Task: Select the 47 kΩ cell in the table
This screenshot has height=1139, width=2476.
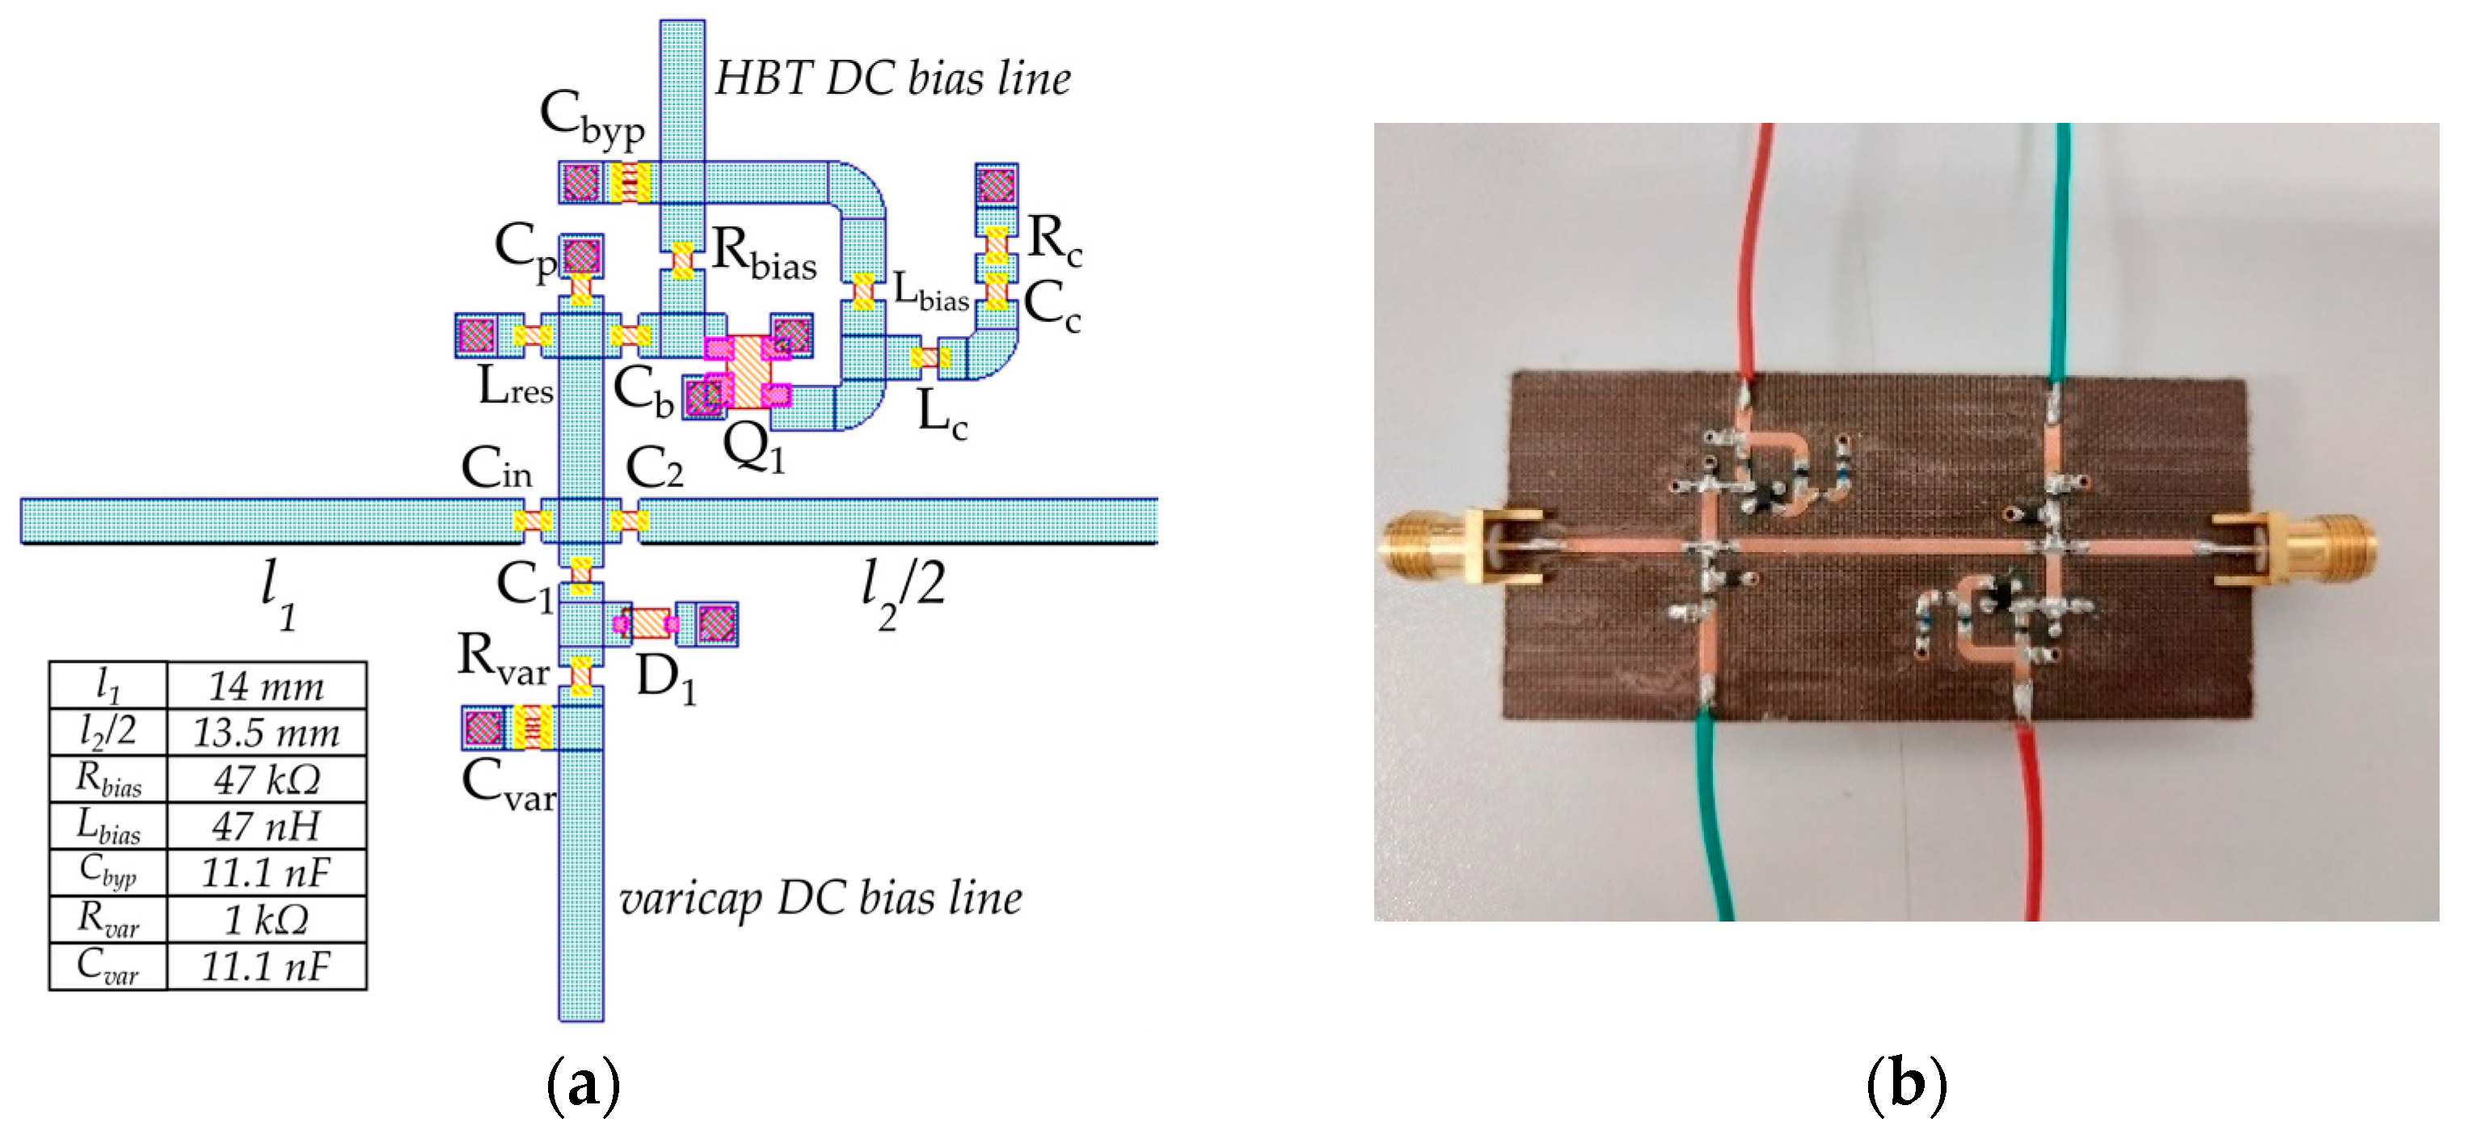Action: pyautogui.click(x=266, y=779)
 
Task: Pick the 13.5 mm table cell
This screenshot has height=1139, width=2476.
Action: pyautogui.click(x=266, y=733)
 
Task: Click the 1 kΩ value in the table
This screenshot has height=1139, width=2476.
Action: pyautogui.click(x=266, y=920)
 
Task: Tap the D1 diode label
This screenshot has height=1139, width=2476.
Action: pyautogui.click(x=665, y=680)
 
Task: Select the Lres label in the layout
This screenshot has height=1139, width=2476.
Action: pyautogui.click(x=515, y=387)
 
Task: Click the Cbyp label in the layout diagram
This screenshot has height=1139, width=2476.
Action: pyautogui.click(x=591, y=119)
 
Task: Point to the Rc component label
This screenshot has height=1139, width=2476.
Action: pyautogui.click(x=1054, y=238)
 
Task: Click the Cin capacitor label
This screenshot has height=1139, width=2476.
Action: pyautogui.click(x=496, y=469)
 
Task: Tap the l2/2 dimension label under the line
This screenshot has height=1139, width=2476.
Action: pyautogui.click(x=901, y=591)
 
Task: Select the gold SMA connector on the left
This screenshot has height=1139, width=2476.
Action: pyautogui.click(x=1442, y=549)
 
